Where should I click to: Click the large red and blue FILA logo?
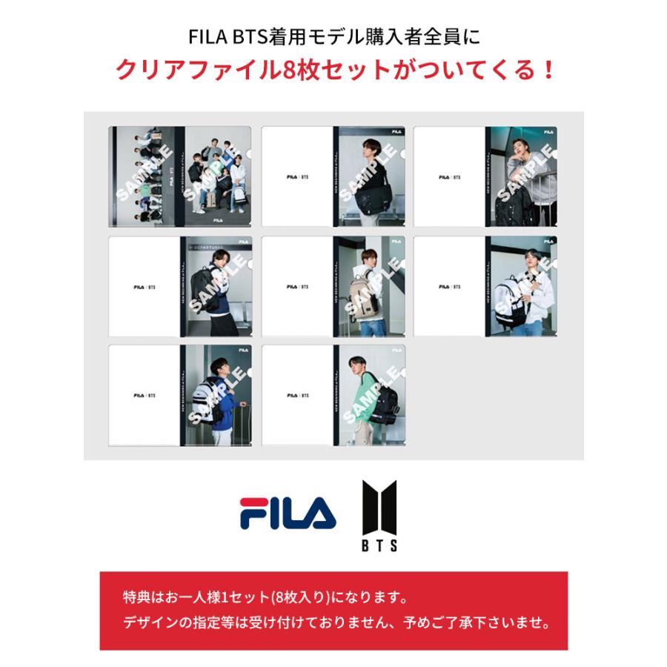click(288, 514)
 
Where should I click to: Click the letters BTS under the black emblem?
click(379, 545)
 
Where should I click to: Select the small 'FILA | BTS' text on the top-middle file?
click(296, 177)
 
